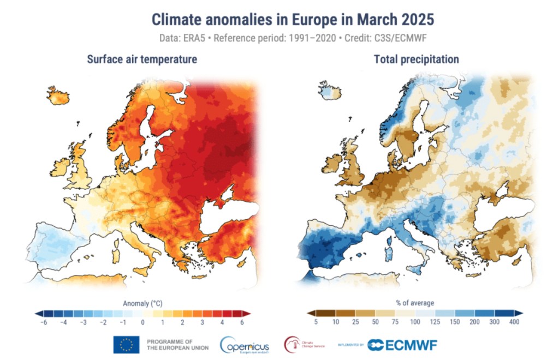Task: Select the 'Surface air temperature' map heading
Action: (142, 59)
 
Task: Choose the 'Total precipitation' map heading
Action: (416, 59)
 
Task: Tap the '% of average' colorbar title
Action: (415, 302)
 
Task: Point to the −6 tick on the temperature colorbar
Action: (43, 323)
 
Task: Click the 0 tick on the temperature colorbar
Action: (142, 323)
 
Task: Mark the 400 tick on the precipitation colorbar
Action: (513, 323)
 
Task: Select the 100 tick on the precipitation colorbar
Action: (415, 323)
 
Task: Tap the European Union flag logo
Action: (126, 344)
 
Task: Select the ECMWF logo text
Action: (402, 345)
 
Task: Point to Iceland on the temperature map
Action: (58, 95)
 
